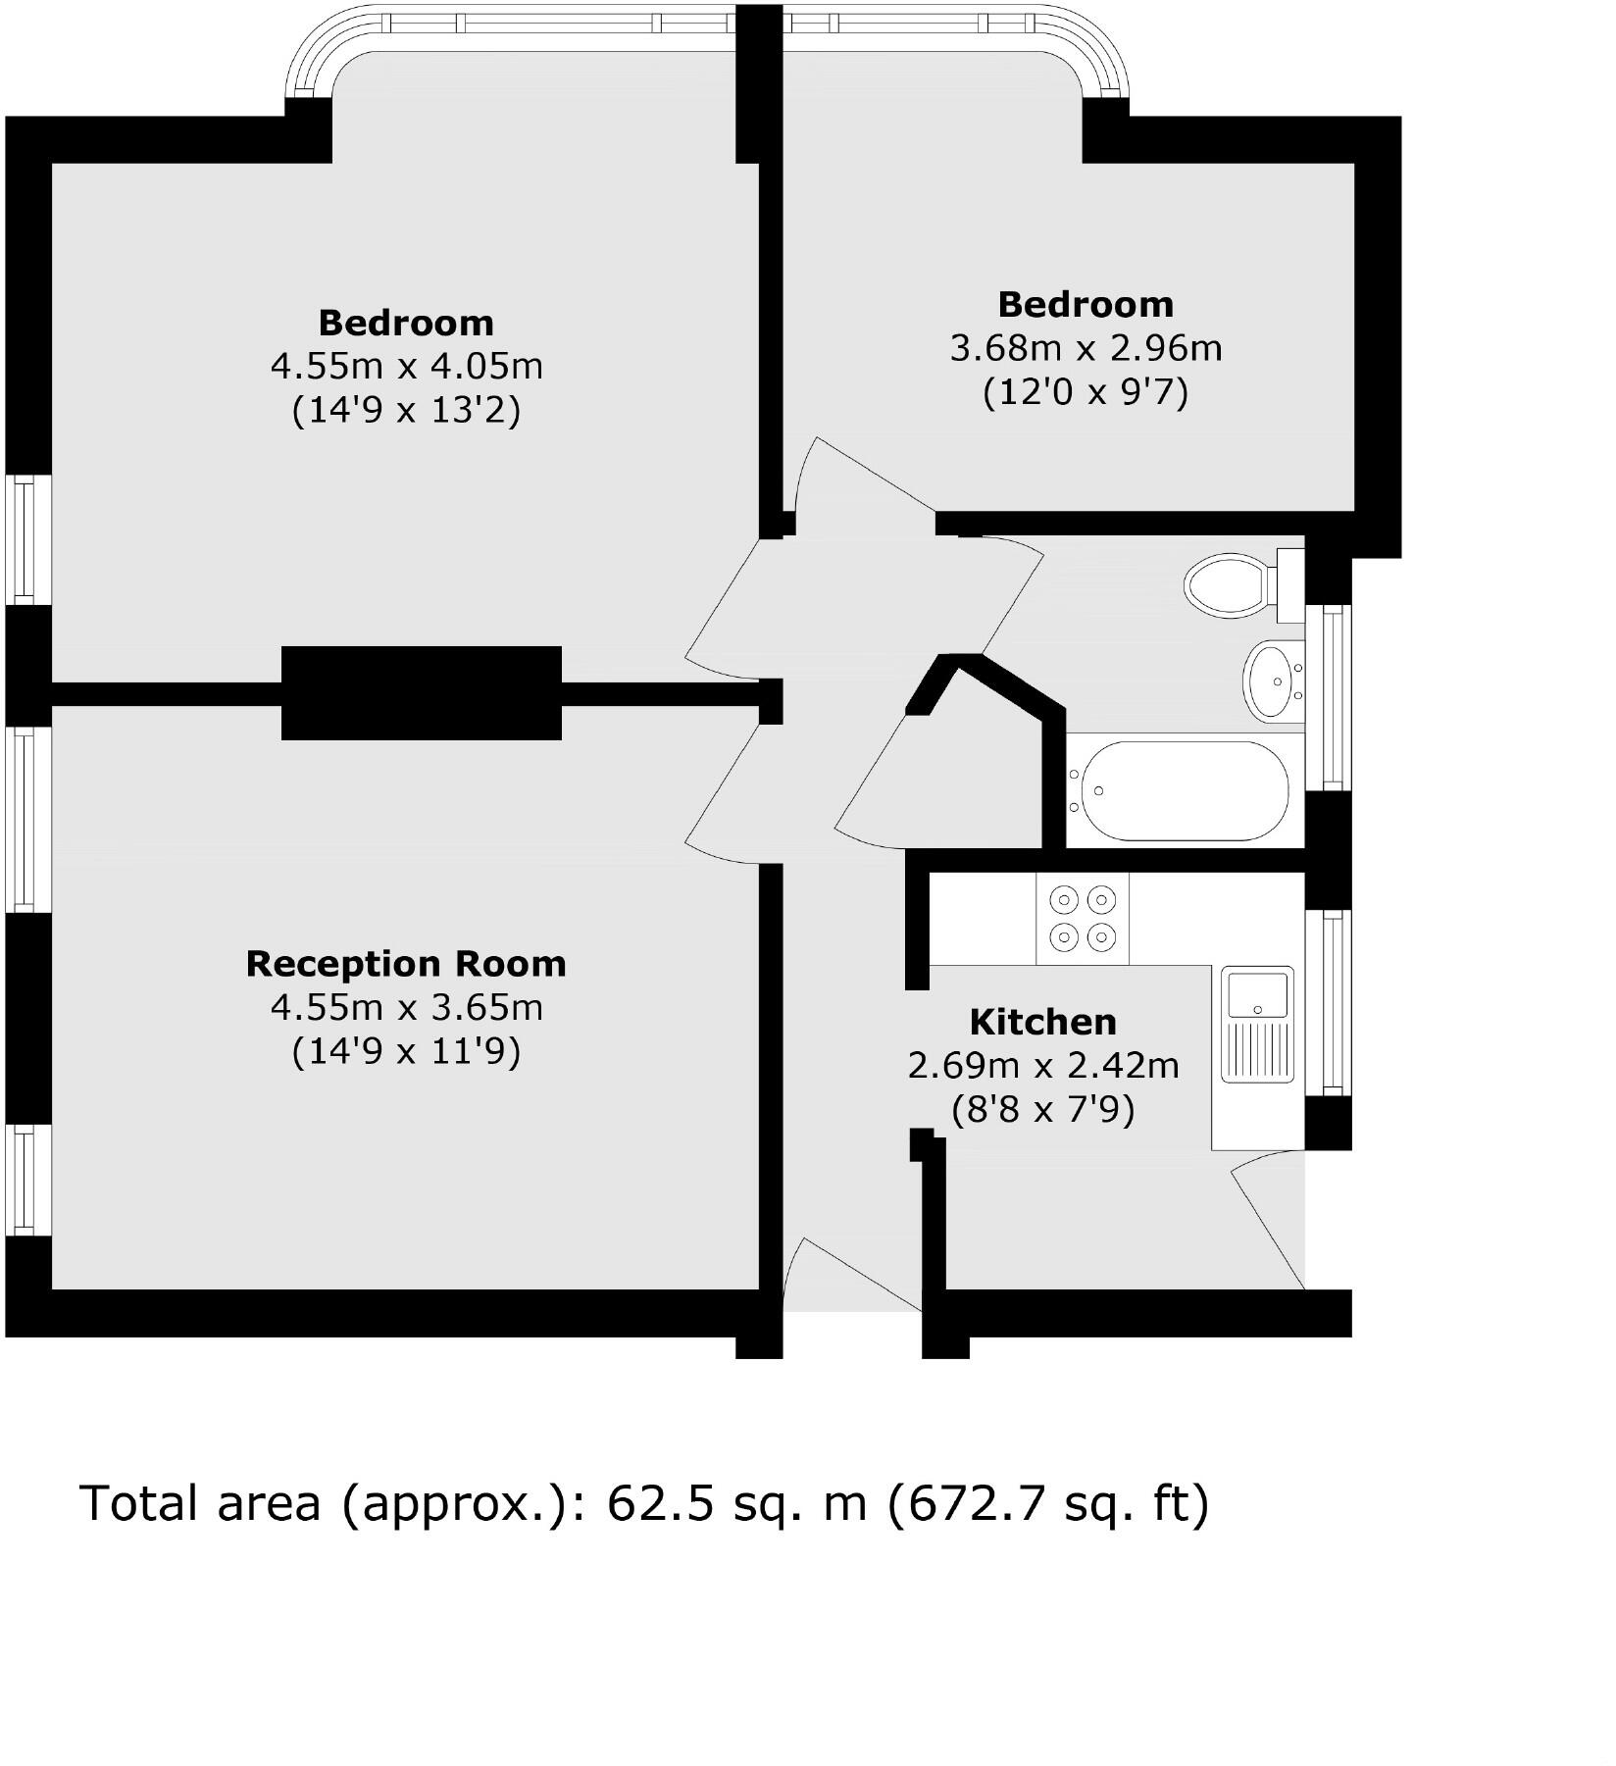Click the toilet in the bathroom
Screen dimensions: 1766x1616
1237,585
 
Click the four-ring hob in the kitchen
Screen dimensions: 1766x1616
1083,918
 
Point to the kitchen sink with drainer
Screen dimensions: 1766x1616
1257,1024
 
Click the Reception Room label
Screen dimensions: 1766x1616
406,964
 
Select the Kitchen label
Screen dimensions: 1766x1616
1042,1022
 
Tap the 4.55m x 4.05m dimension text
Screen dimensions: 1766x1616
406,367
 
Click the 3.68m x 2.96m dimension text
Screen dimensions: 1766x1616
1086,348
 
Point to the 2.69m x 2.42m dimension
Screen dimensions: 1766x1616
1042,1065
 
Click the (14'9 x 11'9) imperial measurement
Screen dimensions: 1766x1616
406,1051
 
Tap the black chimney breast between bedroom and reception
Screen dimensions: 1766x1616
422,692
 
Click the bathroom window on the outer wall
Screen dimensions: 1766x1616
1332,697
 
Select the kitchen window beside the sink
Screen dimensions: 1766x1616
1332,1001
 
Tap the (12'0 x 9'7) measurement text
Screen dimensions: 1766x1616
1086,392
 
